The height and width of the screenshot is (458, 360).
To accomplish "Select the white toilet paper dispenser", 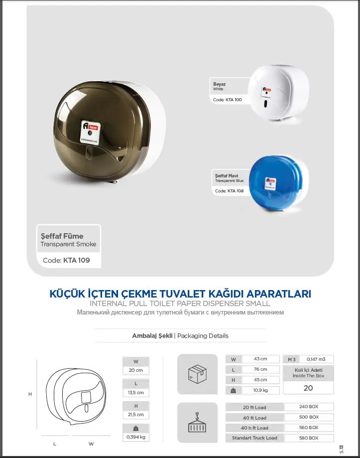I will (278, 94).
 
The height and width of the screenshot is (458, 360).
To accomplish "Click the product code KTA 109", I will (66, 260).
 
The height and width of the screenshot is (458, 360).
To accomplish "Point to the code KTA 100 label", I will (228, 100).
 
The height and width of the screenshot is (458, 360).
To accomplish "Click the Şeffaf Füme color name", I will (62, 236).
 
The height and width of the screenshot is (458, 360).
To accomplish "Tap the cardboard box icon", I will (197, 373).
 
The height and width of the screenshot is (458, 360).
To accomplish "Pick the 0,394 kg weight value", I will (135, 437).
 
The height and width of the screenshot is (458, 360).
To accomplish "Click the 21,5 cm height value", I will (135, 414).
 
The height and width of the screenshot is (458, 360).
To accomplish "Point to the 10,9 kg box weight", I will (260, 390).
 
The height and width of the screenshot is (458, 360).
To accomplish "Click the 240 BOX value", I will (308, 407).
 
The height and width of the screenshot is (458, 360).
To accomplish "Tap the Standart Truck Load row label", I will (254, 438).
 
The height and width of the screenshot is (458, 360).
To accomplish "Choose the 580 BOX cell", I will (308, 438).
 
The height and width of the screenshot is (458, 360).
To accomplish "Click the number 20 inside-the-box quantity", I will (308, 388).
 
